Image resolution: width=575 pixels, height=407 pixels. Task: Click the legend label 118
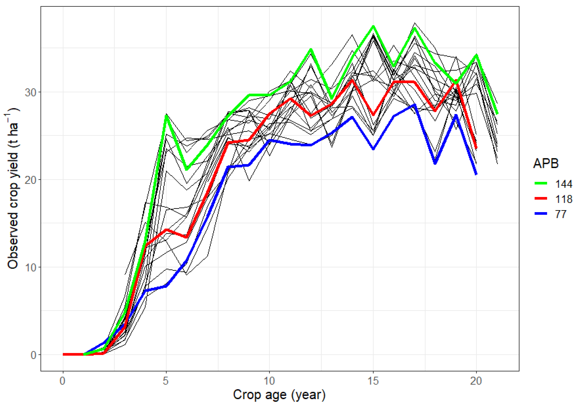563,199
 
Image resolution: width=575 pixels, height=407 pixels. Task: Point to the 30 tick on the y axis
30,93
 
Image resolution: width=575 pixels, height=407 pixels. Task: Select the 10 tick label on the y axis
30,267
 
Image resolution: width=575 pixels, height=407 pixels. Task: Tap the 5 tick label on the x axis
166,381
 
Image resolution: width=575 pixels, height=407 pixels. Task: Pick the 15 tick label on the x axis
373,381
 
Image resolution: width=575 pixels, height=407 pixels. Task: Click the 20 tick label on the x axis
476,381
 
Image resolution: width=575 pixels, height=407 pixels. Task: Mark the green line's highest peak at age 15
373,26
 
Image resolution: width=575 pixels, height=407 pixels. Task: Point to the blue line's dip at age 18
435,163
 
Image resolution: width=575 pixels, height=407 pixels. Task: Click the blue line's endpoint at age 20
476,174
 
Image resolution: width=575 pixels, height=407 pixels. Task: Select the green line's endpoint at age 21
497,114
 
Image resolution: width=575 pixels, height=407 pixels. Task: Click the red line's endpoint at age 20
476,148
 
